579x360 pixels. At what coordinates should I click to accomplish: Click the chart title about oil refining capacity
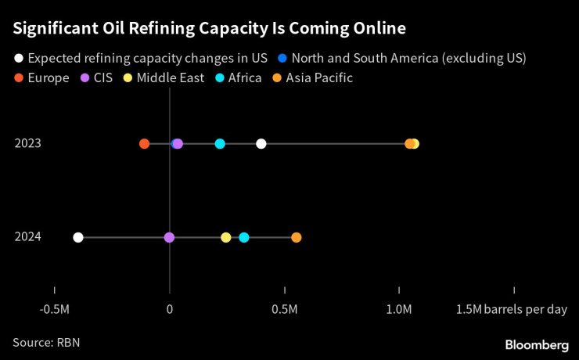pos(209,30)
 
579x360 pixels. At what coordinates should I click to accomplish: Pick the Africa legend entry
pos(236,77)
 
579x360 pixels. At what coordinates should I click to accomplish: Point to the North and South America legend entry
pos(403,58)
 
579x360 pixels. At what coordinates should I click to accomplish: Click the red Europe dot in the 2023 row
pos(144,143)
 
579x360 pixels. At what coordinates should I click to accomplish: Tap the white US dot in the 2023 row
pos(261,143)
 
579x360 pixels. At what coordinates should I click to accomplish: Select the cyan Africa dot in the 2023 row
pos(220,143)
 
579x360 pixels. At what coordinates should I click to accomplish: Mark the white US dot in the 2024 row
pos(77,237)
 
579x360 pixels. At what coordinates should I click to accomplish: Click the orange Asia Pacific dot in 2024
pos(296,237)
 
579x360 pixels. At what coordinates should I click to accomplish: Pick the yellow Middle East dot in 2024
pos(226,237)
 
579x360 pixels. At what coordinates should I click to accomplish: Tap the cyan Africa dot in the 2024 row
pos(244,237)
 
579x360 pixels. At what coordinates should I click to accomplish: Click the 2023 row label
pos(27,143)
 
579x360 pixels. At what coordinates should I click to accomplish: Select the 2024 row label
pos(27,237)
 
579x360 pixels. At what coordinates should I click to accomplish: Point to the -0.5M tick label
pos(54,309)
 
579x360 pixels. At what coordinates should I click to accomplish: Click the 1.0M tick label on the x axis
pos(399,309)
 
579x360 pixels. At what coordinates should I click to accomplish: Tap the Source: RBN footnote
pos(46,342)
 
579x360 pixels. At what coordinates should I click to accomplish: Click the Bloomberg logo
pos(537,344)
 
